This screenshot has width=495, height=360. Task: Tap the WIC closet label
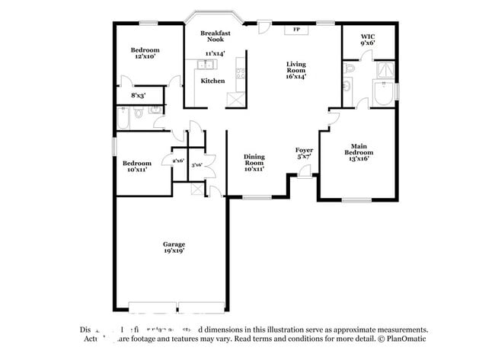368,40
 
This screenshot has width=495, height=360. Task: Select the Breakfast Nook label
216,37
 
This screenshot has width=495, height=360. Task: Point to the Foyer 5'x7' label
305,153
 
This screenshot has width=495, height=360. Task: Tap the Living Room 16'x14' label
296,70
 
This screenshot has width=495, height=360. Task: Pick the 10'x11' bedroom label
137,166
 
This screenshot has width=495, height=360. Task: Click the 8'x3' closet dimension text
139,96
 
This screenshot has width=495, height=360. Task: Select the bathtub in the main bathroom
381,96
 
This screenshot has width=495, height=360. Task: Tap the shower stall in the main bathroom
385,72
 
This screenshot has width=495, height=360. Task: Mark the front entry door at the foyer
305,174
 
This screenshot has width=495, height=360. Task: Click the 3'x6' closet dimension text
196,164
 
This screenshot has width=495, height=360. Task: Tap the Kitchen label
212,81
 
